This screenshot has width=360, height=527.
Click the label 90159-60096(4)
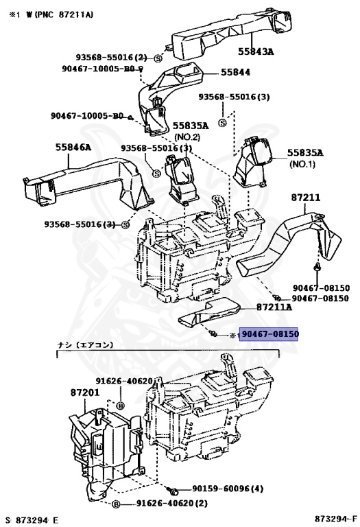(228, 489)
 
